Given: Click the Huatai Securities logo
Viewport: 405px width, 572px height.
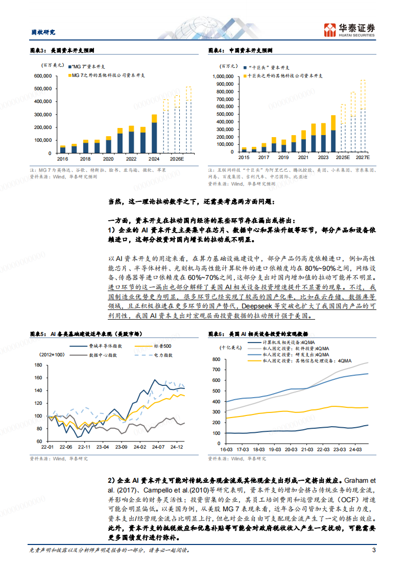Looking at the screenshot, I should coord(350,30).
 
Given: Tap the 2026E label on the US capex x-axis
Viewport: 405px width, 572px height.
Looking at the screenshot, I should coord(177,159).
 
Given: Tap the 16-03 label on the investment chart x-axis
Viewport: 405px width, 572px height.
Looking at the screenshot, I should coord(227,450).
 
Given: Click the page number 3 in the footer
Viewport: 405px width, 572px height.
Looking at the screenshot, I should coord(374,550).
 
